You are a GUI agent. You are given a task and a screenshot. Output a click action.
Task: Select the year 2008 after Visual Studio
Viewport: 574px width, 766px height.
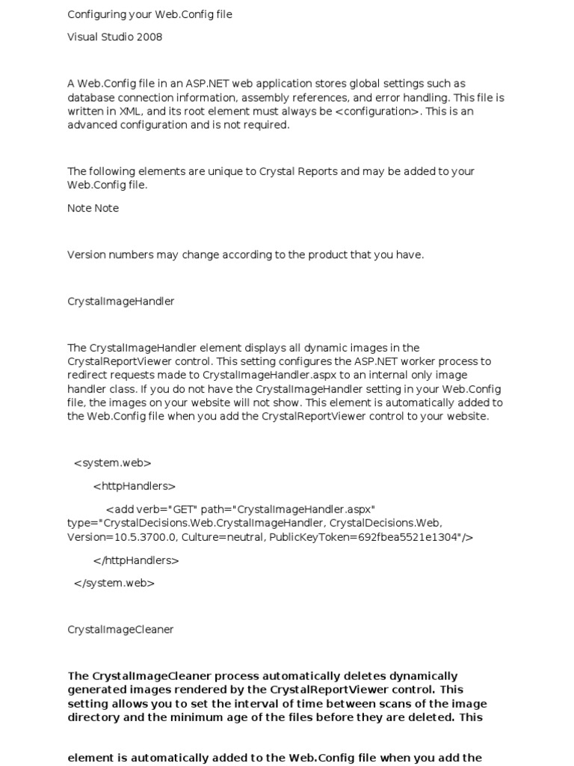tap(149, 37)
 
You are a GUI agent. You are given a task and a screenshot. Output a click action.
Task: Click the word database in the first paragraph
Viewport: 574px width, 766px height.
tap(90, 98)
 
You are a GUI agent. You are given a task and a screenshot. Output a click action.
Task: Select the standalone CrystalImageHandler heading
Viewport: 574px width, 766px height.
tap(121, 301)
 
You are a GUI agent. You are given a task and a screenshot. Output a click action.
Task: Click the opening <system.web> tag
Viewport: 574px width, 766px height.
tap(112, 463)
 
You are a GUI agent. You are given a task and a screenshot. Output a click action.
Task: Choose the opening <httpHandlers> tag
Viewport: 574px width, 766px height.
tap(135, 486)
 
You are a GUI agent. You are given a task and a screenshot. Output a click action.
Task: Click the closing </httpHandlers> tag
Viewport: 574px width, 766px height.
tap(136, 560)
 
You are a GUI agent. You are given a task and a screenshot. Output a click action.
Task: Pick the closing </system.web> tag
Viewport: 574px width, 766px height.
tap(114, 583)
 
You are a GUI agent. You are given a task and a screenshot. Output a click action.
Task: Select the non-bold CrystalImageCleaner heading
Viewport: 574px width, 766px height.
tap(120, 630)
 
